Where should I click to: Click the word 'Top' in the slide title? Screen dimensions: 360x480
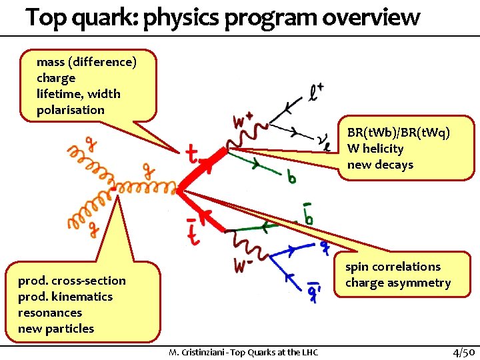[x=47, y=17]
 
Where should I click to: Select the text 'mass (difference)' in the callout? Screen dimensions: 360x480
[x=87, y=62]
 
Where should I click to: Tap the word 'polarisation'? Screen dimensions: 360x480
[x=71, y=110]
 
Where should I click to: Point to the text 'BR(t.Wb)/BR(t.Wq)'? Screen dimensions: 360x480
[x=399, y=133]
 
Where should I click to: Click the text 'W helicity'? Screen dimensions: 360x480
[x=375, y=149]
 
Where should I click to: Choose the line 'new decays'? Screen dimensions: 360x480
[x=380, y=165]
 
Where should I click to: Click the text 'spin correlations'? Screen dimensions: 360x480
[x=393, y=267]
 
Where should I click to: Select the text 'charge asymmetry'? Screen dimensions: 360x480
[x=398, y=283]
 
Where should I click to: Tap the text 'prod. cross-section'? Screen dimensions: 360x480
[x=72, y=281]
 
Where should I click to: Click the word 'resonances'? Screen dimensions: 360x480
[x=50, y=313]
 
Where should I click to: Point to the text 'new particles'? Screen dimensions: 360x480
[x=56, y=329]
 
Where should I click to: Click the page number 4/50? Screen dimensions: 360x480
[x=463, y=351]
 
